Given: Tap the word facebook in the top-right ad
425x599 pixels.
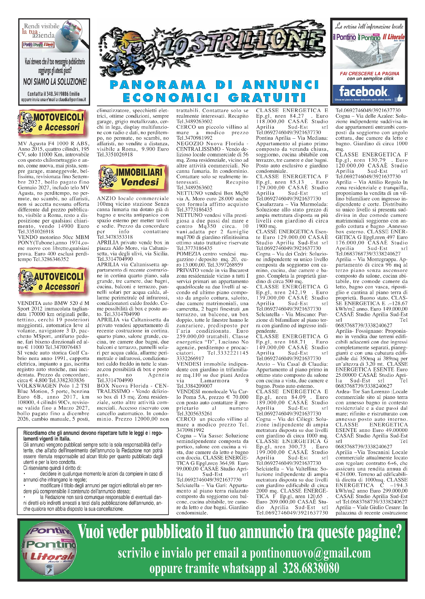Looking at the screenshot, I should [363, 91].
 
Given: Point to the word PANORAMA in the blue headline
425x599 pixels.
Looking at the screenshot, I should [158, 85].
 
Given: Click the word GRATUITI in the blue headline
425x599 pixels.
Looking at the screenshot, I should [267, 98].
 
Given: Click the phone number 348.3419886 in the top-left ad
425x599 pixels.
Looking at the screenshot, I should [59, 94].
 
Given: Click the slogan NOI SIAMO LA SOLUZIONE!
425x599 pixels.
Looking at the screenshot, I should [55, 81].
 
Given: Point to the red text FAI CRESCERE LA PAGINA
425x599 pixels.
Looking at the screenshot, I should [369, 73].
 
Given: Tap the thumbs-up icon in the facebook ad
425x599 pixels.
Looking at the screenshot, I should [399, 98].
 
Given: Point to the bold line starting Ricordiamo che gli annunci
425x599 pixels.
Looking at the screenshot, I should [93, 433].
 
